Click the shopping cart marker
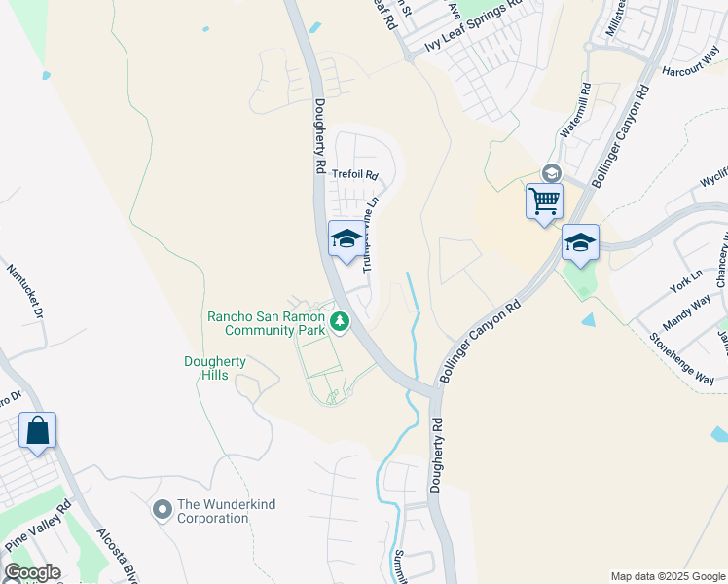(544, 201)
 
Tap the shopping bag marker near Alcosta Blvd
(37, 430)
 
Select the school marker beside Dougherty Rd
(346, 239)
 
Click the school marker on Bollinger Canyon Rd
(579, 242)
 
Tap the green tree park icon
(339, 320)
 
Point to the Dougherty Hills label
(215, 369)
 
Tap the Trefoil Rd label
(354, 175)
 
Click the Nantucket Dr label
(24, 291)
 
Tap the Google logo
(31, 572)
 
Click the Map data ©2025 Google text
(668, 576)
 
